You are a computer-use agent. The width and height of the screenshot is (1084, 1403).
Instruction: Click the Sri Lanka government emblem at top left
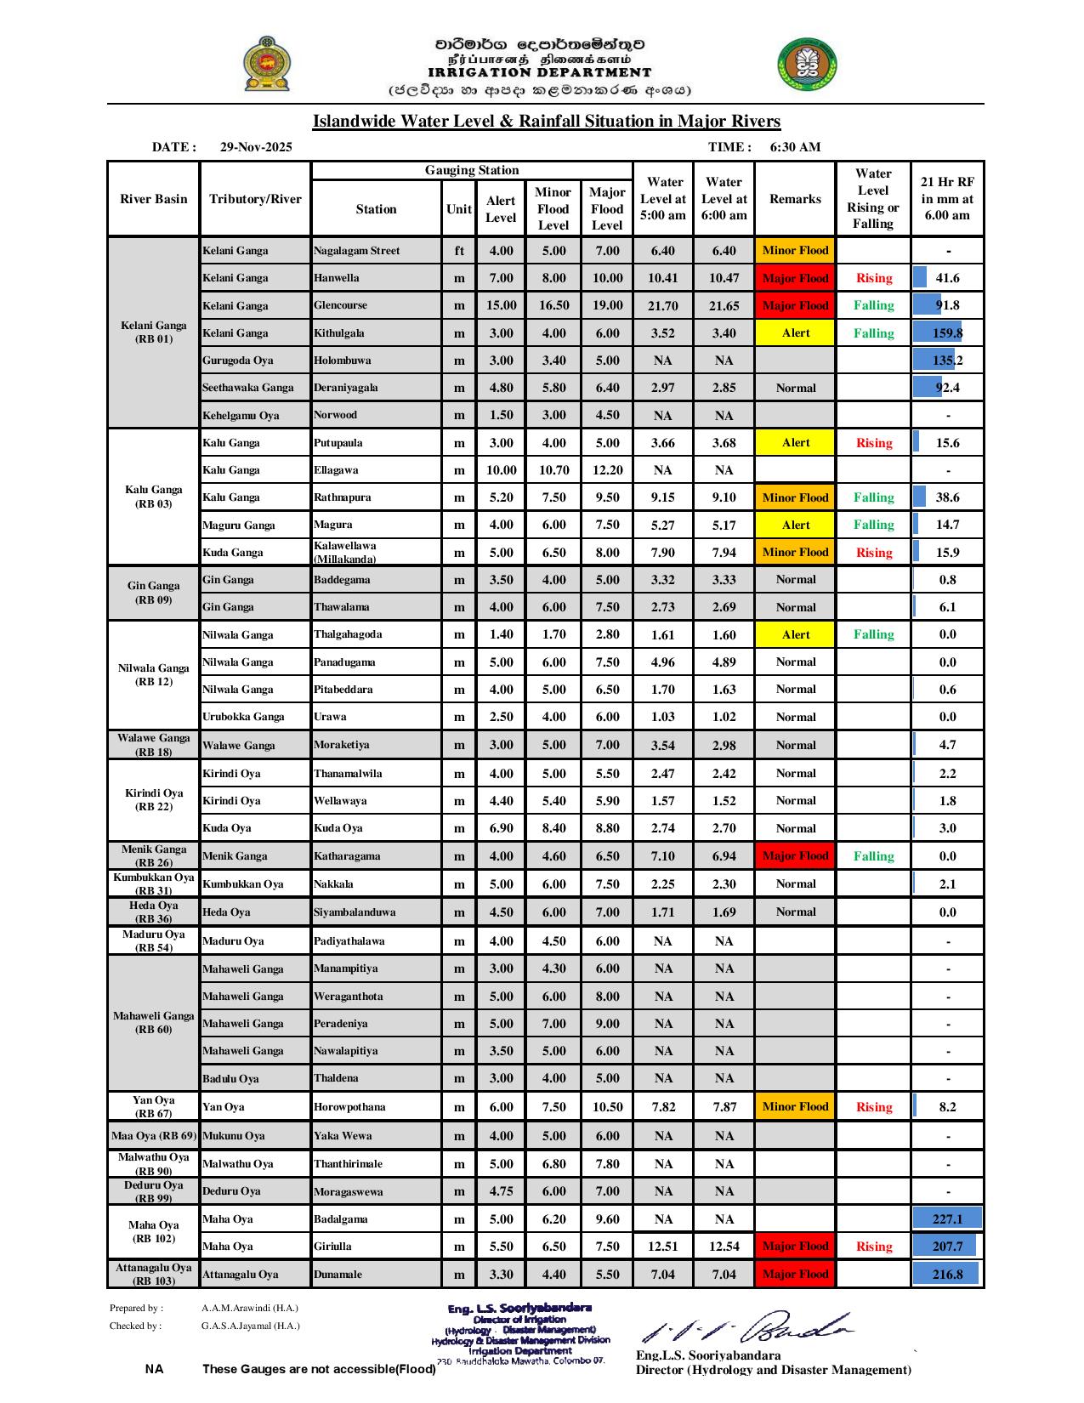pyautogui.click(x=265, y=64)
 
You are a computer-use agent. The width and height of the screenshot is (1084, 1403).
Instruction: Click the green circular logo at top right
pyautogui.click(x=806, y=65)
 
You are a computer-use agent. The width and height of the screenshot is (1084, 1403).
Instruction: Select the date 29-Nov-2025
pyautogui.click(x=256, y=147)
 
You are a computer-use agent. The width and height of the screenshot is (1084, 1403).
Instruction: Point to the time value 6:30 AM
pyautogui.click(x=795, y=147)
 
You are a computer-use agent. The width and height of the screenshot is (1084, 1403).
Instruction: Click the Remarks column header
pyautogui.click(x=795, y=199)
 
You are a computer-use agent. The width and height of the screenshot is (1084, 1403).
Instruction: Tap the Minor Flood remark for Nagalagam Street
pyautogui.click(x=795, y=251)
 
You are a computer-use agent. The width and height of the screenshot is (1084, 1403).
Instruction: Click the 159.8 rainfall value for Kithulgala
pyautogui.click(x=947, y=333)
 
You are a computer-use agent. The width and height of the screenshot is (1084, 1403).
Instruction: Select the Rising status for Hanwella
pyautogui.click(x=874, y=278)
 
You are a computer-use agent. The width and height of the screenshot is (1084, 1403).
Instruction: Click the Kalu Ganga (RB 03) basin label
pyautogui.click(x=154, y=497)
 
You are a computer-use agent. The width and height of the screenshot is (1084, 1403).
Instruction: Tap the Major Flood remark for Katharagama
pyautogui.click(x=795, y=856)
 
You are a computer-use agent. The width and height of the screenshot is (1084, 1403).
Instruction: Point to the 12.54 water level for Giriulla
pyautogui.click(x=724, y=1247)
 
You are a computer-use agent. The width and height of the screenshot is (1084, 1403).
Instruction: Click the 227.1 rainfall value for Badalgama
pyautogui.click(x=947, y=1219)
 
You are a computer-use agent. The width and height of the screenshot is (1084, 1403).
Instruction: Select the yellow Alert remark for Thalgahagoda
pyautogui.click(x=795, y=634)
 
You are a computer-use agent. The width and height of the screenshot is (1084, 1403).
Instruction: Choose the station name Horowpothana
pyautogui.click(x=349, y=1107)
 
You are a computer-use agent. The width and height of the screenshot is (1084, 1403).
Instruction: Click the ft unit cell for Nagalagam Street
pyautogui.click(x=459, y=251)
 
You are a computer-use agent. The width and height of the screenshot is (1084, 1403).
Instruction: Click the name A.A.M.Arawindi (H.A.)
pyautogui.click(x=250, y=1309)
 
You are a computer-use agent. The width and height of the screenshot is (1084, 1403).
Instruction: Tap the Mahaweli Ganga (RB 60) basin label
pyautogui.click(x=154, y=1023)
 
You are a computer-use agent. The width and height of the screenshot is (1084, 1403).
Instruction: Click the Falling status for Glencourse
pyautogui.click(x=874, y=305)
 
